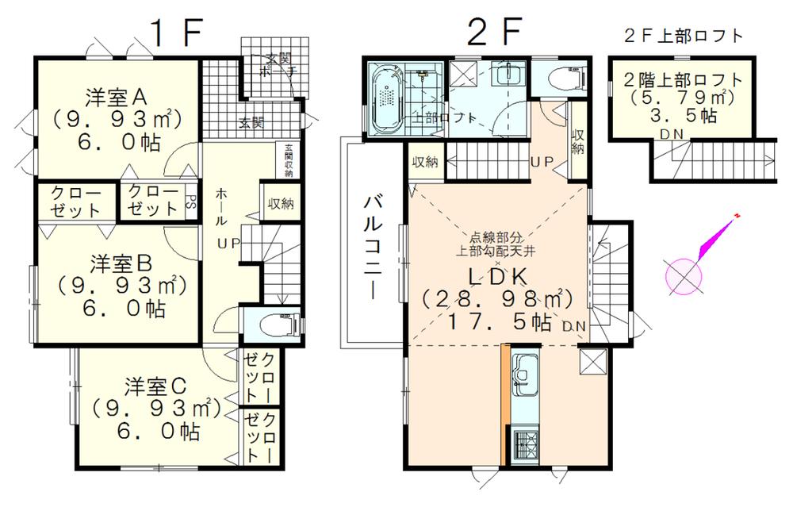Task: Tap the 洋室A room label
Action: pos(114,97)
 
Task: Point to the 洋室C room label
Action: pos(155,387)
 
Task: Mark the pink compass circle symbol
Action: pos(683,275)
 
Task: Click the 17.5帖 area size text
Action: pos(498,323)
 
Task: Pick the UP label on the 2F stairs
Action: pos(541,161)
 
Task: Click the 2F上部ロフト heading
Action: pos(683,35)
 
